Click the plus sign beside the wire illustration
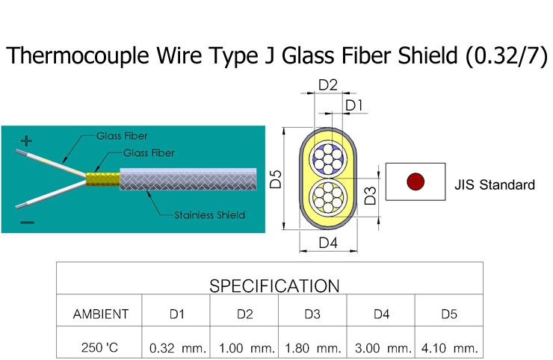click(x=25, y=140)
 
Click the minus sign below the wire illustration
click(x=27, y=221)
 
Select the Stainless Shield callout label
click(x=209, y=215)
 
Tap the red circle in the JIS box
click(x=415, y=181)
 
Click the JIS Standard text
click(x=494, y=184)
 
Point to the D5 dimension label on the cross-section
click(x=276, y=179)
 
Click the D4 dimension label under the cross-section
click(x=328, y=243)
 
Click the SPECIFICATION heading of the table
click(x=274, y=285)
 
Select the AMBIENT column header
click(x=100, y=314)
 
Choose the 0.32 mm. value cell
click(x=176, y=348)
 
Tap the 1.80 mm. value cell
click(x=312, y=348)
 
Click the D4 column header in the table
click(x=381, y=314)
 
